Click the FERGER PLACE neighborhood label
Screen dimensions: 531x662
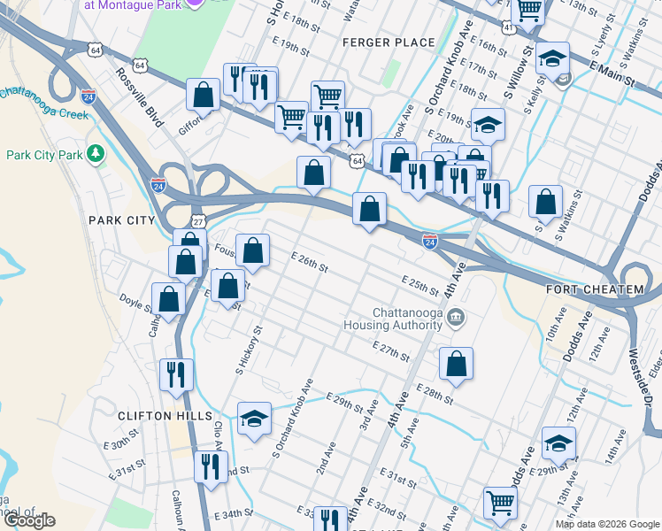(390, 42)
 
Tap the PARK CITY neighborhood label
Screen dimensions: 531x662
(121, 219)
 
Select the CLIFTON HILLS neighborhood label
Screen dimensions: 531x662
(165, 415)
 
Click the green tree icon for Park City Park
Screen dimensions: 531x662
(96, 154)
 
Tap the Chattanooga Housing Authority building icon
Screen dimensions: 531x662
(455, 318)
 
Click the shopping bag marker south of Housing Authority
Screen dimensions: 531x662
(456, 363)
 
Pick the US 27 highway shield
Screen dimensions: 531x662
(196, 220)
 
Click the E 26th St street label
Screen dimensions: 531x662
(311, 262)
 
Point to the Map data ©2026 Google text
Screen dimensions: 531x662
(606, 524)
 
